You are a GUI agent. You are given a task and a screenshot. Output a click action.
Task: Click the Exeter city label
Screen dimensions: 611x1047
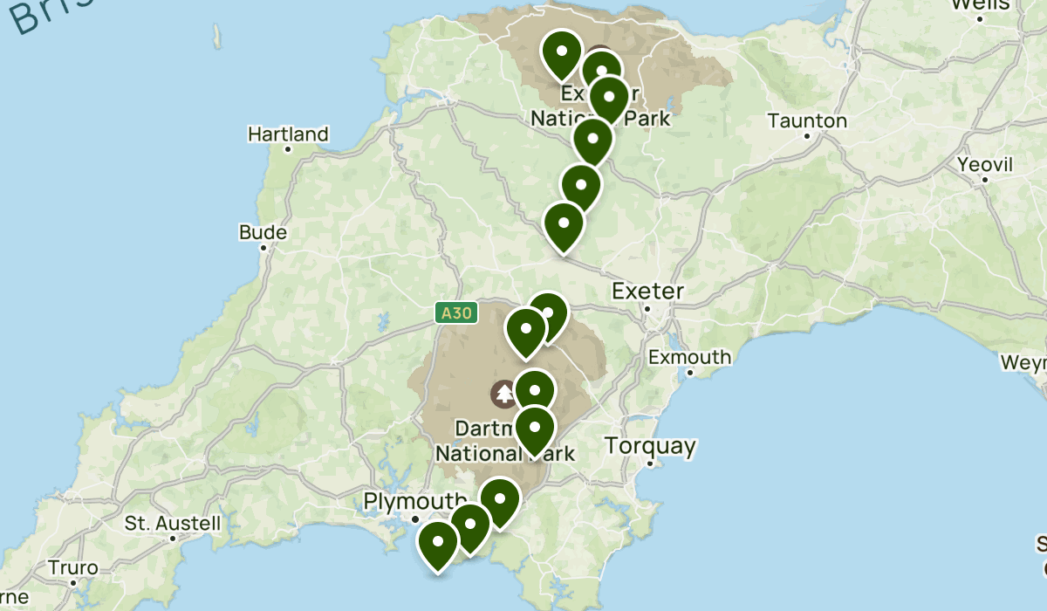[x=647, y=291]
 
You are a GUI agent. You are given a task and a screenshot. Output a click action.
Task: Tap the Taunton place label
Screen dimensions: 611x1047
[x=807, y=120]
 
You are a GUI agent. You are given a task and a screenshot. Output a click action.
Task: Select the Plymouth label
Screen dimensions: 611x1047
[x=415, y=501]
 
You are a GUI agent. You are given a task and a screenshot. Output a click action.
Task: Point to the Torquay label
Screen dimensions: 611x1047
[x=651, y=447]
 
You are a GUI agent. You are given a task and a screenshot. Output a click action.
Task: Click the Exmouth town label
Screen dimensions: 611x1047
[x=689, y=357]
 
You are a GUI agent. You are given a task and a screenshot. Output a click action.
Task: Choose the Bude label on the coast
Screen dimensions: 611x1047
[x=263, y=233]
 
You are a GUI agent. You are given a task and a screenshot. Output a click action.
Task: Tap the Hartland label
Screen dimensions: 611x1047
[x=288, y=134]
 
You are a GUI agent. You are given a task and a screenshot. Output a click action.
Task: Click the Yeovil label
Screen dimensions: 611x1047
[x=984, y=165]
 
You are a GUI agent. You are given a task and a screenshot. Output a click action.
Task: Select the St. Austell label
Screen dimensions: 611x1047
[x=172, y=524]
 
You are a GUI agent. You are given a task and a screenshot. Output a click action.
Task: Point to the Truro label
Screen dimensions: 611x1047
[x=73, y=567]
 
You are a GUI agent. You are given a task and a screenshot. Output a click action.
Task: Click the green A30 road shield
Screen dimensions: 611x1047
[x=456, y=312]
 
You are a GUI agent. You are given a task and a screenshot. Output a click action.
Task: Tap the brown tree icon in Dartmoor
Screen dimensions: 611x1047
[x=504, y=394]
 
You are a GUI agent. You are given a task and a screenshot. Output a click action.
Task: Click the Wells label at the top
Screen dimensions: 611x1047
[x=980, y=5]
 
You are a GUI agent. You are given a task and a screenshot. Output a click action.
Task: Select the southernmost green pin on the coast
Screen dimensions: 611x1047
[x=438, y=544]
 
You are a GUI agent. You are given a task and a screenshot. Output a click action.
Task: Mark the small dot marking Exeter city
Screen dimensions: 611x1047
[x=647, y=308]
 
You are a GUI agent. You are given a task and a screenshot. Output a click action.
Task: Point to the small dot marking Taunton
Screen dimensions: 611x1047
[x=807, y=135]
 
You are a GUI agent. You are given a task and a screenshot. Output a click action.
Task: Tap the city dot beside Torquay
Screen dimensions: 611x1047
[x=651, y=464]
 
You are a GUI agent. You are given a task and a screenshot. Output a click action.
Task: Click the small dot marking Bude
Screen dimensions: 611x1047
[x=263, y=248]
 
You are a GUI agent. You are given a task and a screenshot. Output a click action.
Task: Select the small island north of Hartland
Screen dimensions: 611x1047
[x=216, y=36]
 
